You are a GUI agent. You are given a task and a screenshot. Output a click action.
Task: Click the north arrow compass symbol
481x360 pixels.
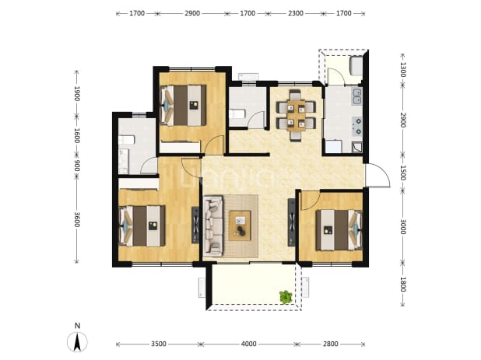tap(77, 341)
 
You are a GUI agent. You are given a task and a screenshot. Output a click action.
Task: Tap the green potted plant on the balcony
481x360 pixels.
tap(286, 297)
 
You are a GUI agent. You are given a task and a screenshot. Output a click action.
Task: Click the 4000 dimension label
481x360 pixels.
tap(248, 344)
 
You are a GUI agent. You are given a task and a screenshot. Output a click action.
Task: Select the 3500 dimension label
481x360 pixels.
tap(159, 344)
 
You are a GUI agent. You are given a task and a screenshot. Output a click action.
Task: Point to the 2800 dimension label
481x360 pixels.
tap(330, 344)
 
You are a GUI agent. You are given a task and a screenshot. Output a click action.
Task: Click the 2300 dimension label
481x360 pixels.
tap(296, 13)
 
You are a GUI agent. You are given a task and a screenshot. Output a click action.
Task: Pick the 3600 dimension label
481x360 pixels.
tap(77, 220)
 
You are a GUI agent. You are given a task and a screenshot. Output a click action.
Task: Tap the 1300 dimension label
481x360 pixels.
tap(403, 69)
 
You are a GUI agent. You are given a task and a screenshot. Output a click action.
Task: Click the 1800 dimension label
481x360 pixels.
tap(403, 285)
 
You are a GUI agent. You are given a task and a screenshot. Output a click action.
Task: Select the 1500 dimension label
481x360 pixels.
tap(403, 173)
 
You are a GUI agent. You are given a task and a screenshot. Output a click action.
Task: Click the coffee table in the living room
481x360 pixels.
tap(240, 225)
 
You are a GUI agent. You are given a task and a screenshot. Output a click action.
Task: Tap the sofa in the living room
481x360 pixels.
tap(213, 226)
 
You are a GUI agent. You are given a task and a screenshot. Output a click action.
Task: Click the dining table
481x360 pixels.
tap(296, 116)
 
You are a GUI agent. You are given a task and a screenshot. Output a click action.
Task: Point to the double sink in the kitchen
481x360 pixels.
tap(357, 96)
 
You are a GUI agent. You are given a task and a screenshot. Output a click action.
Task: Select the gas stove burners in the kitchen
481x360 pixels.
tap(357, 127)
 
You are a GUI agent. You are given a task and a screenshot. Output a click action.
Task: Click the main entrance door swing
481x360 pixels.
tap(377, 175)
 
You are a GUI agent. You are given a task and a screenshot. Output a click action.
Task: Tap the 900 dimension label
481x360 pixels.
tap(77, 166)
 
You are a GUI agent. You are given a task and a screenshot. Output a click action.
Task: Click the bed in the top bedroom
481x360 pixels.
tap(183, 105)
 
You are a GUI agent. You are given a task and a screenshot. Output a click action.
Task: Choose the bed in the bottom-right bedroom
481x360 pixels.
tap(339, 230)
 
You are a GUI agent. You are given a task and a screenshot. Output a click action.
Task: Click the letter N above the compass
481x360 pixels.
tap(77, 326)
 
